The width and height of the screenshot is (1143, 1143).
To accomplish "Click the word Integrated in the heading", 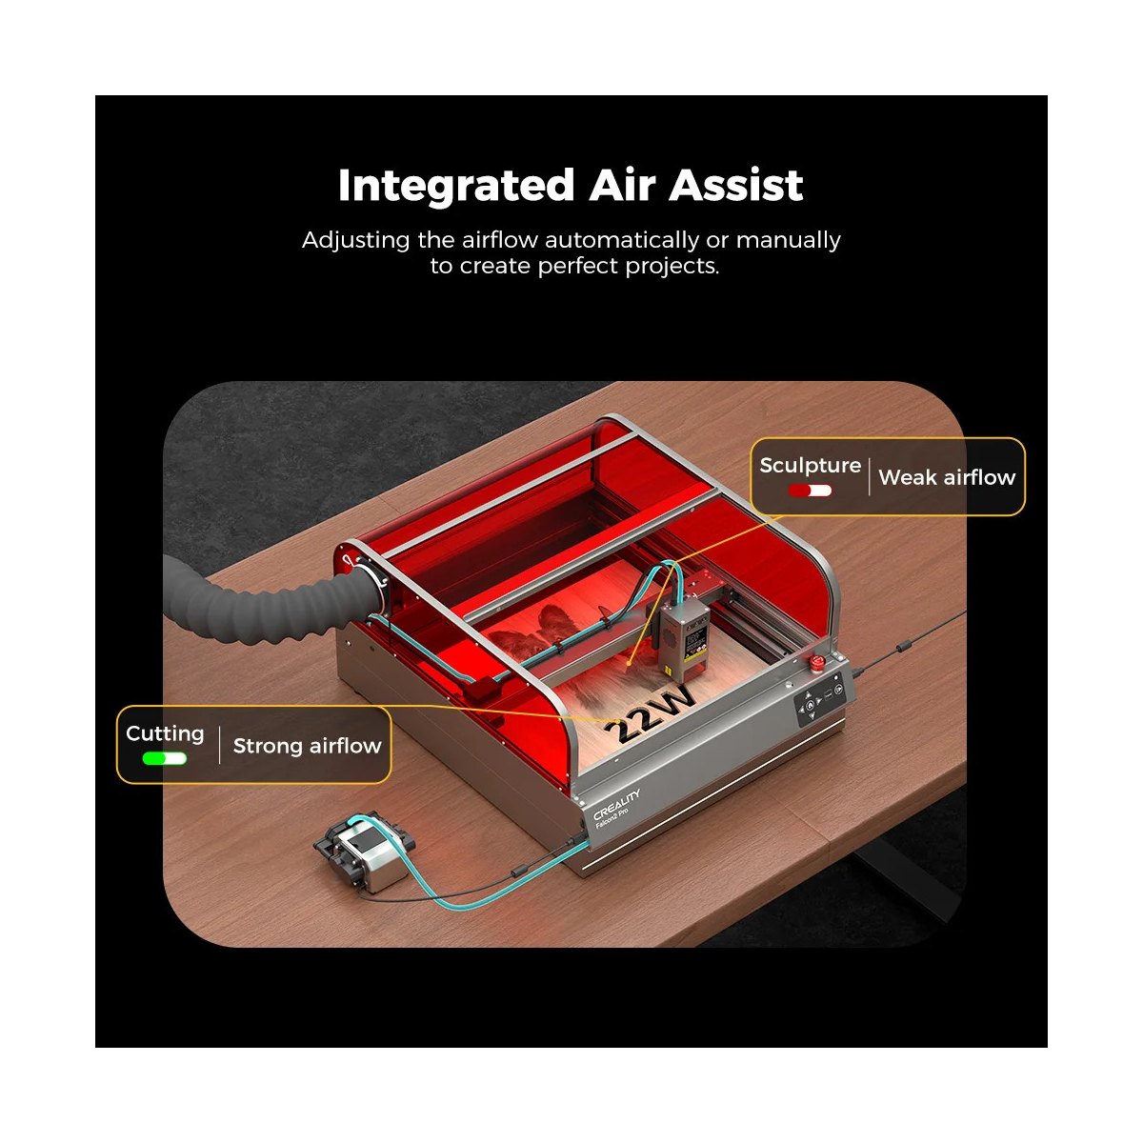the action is tap(456, 187).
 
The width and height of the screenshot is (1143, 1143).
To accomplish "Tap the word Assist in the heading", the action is tap(736, 185).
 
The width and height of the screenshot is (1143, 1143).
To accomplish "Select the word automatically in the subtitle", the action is tap(622, 240).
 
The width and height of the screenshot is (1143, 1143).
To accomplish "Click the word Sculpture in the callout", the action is tap(810, 466).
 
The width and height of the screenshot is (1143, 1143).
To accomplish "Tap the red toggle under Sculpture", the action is tap(810, 491).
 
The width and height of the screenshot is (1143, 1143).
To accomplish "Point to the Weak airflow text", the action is tap(947, 477).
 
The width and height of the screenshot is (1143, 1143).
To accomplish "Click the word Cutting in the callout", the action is tap(165, 734).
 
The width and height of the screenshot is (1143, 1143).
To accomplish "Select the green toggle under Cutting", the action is tap(164, 758).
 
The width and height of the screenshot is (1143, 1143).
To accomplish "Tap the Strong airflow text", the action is tap(308, 746).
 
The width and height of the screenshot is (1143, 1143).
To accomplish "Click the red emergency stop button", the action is tap(817, 660).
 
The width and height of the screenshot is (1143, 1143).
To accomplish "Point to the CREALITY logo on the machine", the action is tap(616, 805).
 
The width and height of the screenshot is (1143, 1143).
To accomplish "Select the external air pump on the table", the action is tap(363, 852).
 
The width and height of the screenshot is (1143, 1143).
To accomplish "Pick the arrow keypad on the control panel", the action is tap(810, 707).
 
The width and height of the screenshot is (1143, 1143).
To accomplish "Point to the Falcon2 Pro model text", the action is tap(612, 817).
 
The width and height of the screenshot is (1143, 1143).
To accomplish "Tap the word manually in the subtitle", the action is tap(788, 240).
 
